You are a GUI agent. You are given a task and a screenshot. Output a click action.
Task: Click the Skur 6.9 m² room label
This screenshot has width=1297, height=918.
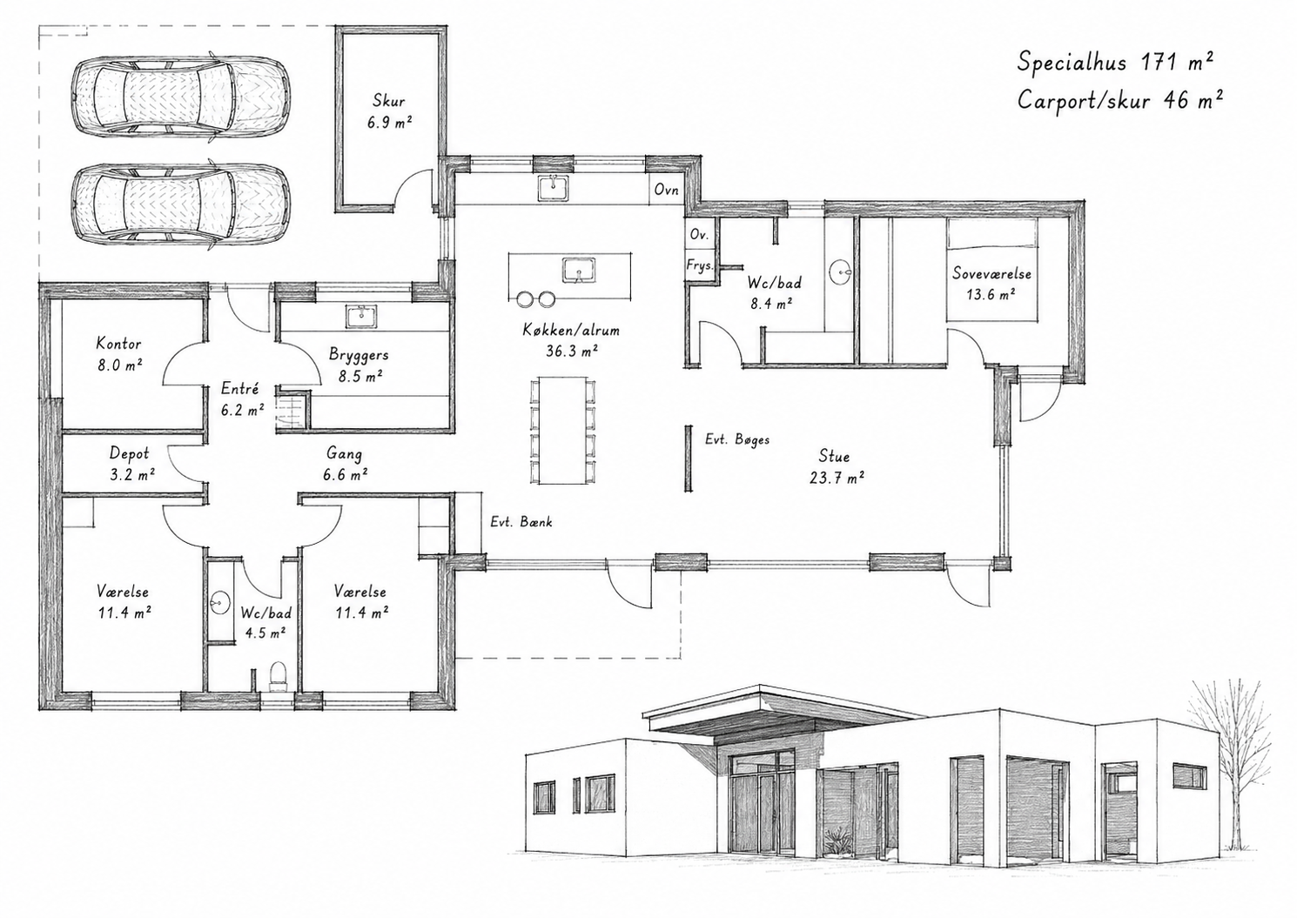(x=389, y=111)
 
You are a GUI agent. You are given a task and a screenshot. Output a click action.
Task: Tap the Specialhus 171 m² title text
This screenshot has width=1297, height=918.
(x=1114, y=62)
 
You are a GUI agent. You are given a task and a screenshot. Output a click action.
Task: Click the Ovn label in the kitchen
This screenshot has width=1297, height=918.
(x=666, y=190)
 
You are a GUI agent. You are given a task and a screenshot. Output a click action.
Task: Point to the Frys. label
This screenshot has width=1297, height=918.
(x=700, y=265)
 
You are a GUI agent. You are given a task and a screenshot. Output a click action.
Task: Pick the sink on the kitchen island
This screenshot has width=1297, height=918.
(x=578, y=271)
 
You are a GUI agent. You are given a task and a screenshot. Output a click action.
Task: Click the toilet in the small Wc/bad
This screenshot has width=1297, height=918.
(x=278, y=675)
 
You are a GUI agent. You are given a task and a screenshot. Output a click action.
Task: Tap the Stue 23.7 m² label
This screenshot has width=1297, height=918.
(x=835, y=467)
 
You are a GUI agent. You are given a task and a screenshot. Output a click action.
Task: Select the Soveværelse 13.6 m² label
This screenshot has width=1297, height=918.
(x=991, y=283)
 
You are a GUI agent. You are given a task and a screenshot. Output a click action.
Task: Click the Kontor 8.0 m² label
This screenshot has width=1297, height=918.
(x=119, y=354)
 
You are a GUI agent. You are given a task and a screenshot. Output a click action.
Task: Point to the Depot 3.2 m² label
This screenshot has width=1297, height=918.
(x=131, y=464)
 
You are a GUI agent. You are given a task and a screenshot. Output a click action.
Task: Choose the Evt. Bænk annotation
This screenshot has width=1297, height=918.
(x=521, y=522)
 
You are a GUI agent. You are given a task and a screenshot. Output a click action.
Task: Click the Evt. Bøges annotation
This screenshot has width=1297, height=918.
(x=737, y=440)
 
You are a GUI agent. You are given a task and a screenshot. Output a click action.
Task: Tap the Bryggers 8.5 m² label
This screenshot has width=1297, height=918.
(x=360, y=365)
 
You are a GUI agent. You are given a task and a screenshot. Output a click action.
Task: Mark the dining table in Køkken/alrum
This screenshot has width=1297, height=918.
(x=563, y=431)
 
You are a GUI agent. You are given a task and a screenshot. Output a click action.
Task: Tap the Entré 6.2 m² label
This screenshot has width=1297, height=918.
(x=243, y=399)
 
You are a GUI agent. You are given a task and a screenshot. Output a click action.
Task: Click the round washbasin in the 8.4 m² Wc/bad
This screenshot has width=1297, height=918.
(x=840, y=271)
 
